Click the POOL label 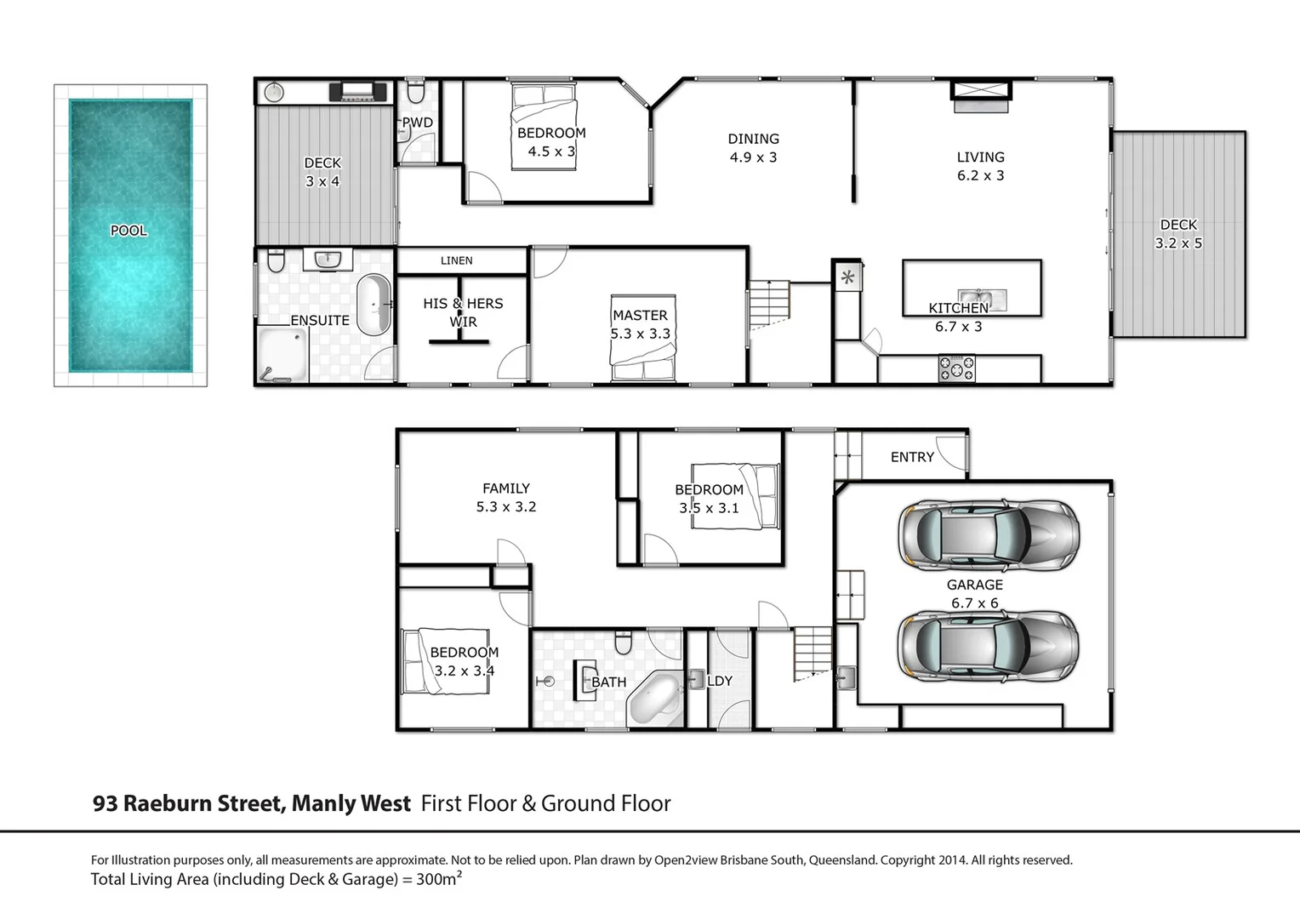(x=128, y=231)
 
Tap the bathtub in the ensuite (x=373, y=305)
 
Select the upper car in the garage (x=989, y=535)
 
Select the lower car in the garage (x=989, y=646)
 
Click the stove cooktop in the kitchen (x=956, y=369)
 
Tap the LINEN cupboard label (x=457, y=260)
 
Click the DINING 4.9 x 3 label (x=753, y=148)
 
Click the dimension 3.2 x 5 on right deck (x=1178, y=243)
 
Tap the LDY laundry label (x=720, y=681)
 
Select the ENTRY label (x=912, y=457)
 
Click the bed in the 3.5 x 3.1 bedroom (x=736, y=496)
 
